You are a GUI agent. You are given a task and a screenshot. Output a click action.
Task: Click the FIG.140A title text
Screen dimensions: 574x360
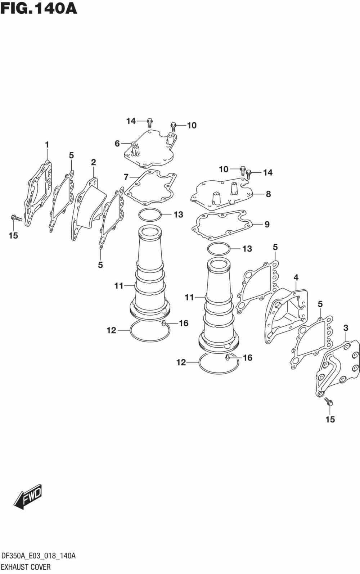[x=39, y=8]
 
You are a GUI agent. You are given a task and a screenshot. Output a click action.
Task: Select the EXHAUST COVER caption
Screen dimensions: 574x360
[x=26, y=567]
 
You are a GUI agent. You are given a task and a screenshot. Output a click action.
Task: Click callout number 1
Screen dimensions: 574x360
[x=47, y=145]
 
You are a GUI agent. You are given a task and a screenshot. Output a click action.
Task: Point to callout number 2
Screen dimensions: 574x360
[x=93, y=162]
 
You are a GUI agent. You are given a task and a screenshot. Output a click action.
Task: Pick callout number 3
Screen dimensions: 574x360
[x=346, y=328]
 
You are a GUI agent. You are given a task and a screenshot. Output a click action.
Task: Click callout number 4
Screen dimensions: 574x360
[x=296, y=277]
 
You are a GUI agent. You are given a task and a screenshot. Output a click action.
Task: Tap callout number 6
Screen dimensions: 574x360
[x=117, y=144]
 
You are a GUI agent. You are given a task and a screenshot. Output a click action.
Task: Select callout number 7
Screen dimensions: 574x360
[x=126, y=177]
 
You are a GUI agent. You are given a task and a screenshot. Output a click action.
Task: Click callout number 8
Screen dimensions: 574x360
[x=268, y=194]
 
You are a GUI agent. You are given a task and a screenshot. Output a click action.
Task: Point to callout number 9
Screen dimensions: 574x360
[x=267, y=224]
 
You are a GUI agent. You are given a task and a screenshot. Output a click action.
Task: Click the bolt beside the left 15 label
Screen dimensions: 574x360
[x=16, y=218]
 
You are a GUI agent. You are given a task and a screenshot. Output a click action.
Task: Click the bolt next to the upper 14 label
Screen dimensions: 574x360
[x=150, y=122]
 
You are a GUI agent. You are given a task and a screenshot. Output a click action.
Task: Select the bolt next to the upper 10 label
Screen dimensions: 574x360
[x=174, y=126]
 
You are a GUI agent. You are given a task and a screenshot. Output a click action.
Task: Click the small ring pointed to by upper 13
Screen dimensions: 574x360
[x=150, y=215]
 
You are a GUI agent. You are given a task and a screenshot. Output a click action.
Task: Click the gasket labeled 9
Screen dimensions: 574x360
[x=221, y=225]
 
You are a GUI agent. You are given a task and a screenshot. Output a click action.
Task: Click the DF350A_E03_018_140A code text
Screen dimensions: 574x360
[x=38, y=556]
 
